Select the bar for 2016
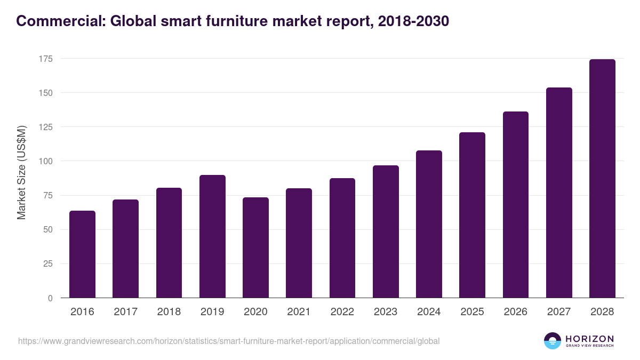(82, 254)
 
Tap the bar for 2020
(255, 247)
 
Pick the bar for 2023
(386, 231)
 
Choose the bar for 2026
(516, 205)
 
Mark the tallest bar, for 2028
(602, 179)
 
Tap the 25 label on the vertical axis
(48, 264)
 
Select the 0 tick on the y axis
(50, 298)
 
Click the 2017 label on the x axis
(125, 312)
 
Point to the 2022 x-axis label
(342, 312)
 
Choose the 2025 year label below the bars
(472, 312)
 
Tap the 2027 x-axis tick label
(559, 312)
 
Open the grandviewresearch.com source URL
(229, 341)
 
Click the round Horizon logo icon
(553, 341)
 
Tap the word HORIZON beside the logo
(589, 338)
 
